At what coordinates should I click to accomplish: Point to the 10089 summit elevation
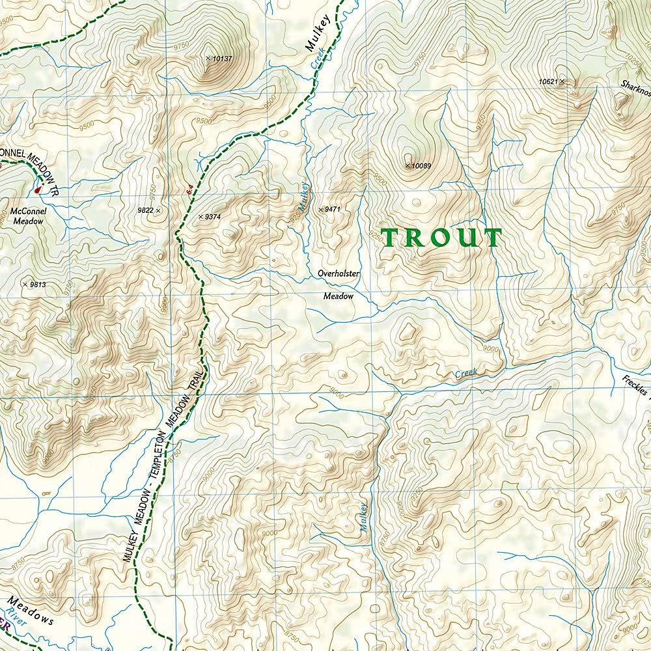[x=418, y=166]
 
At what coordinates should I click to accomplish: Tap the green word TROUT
[x=442, y=238]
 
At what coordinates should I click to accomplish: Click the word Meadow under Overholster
[x=339, y=296]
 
